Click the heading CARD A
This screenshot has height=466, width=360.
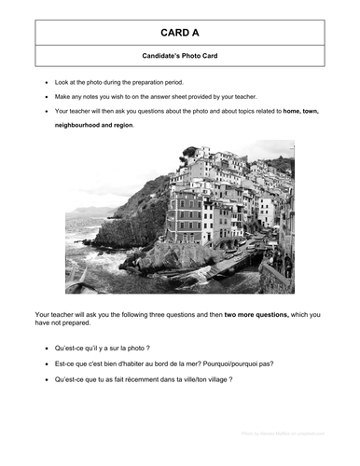180,31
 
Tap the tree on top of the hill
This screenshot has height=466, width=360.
191,151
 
